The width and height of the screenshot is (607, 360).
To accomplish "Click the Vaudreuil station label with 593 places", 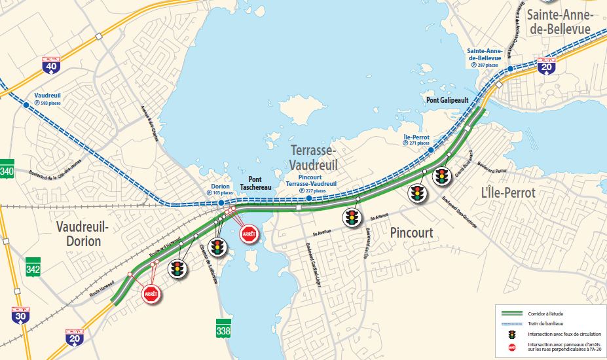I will click(47, 99).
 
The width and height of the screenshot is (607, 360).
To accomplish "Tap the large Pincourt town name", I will click(411, 232).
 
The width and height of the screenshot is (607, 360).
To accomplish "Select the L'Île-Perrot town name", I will click(508, 192).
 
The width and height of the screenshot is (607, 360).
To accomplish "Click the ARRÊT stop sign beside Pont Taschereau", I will click(249, 233).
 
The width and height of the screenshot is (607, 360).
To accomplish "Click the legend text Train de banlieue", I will click(550, 325).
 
